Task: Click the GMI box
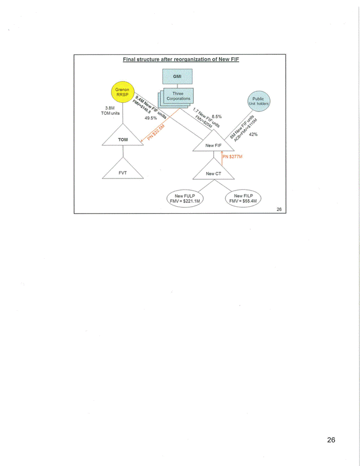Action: point(177,76)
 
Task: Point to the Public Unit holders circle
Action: point(258,102)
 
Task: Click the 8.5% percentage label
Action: point(217,116)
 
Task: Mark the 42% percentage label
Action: point(253,134)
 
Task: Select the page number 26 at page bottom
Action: point(331,439)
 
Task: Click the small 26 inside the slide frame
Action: point(279,209)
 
